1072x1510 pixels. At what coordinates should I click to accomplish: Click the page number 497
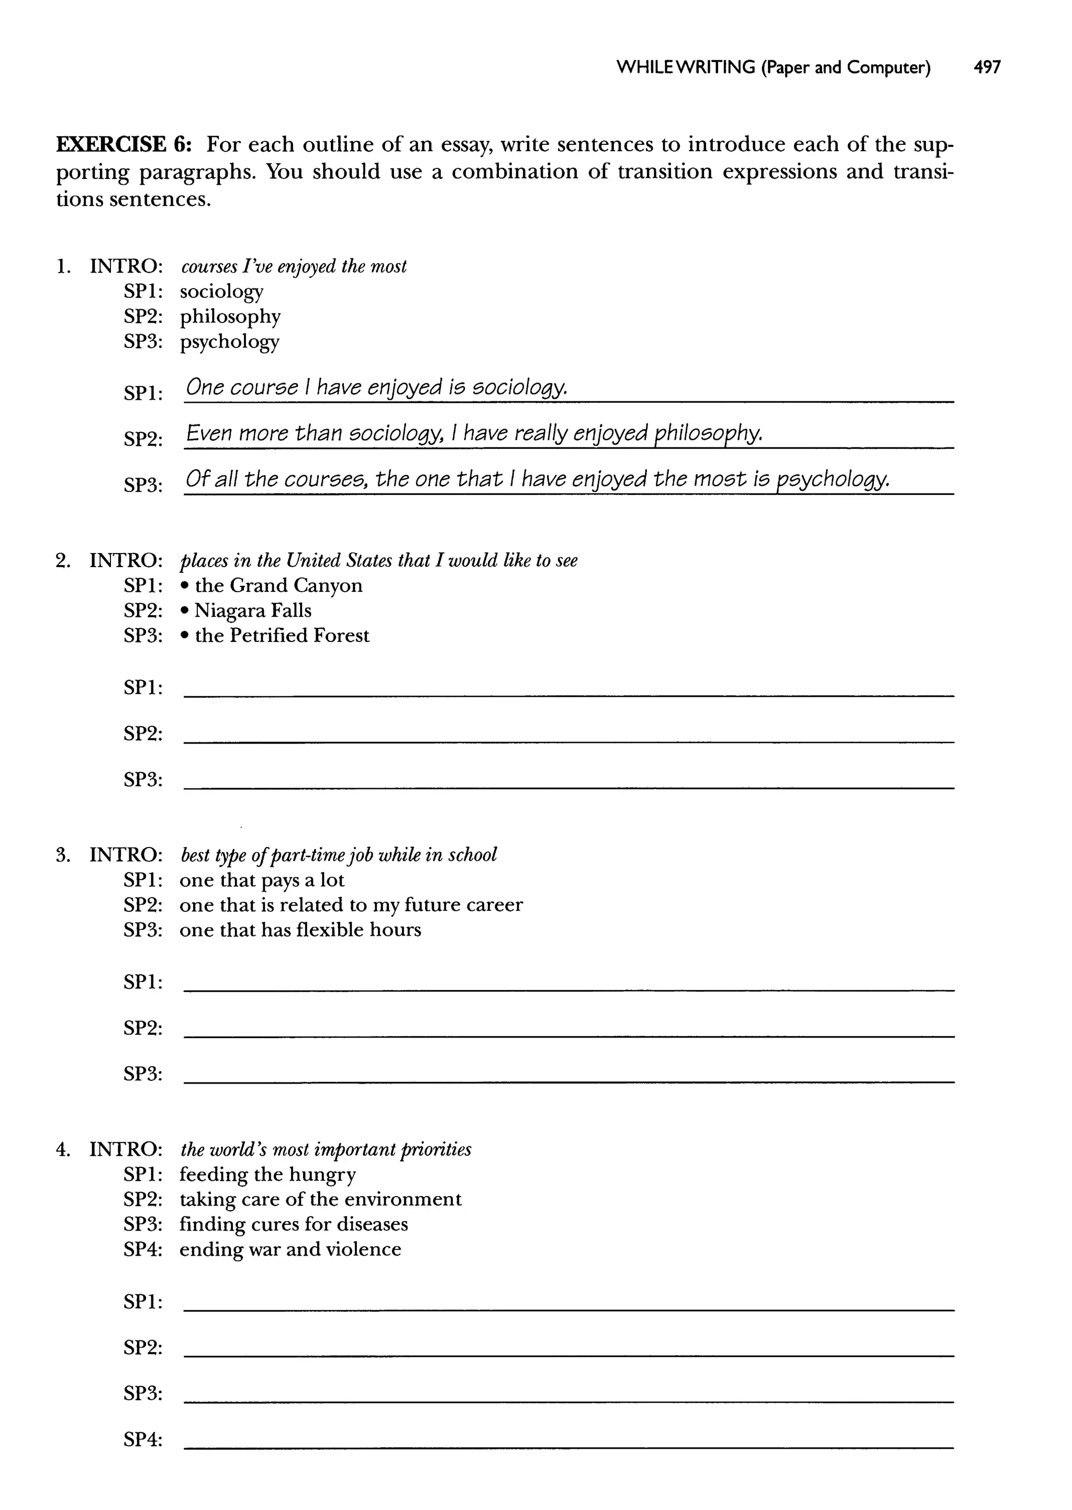(987, 67)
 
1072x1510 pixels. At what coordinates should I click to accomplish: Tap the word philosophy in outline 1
(230, 317)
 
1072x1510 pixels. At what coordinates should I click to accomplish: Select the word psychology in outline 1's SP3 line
(229, 342)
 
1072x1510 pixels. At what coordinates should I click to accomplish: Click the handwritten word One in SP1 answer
(205, 387)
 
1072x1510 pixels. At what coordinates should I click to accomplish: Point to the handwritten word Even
(209, 433)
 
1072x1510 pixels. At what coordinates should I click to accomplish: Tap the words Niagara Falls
(253, 611)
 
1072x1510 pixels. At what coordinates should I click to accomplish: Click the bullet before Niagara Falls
(185, 612)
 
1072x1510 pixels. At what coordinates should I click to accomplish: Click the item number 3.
(62, 855)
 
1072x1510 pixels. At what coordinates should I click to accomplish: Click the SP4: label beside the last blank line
(142, 1439)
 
